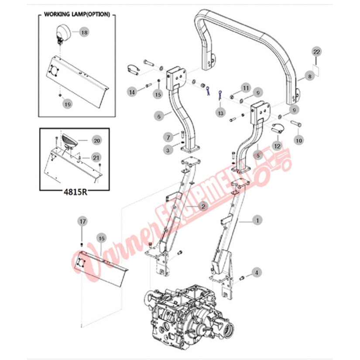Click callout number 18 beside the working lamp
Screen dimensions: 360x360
tap(84, 32)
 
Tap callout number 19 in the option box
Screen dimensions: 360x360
tap(67, 104)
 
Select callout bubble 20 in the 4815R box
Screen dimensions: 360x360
tap(96, 141)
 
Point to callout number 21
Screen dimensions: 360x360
tap(96, 157)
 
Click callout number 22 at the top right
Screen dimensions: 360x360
tap(317, 52)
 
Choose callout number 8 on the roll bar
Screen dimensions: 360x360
tap(309, 76)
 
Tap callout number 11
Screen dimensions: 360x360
tap(245, 88)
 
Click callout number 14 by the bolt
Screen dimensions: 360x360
tap(131, 92)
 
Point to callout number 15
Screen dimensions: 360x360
tap(158, 94)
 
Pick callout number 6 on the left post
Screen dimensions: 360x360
tap(159, 116)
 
